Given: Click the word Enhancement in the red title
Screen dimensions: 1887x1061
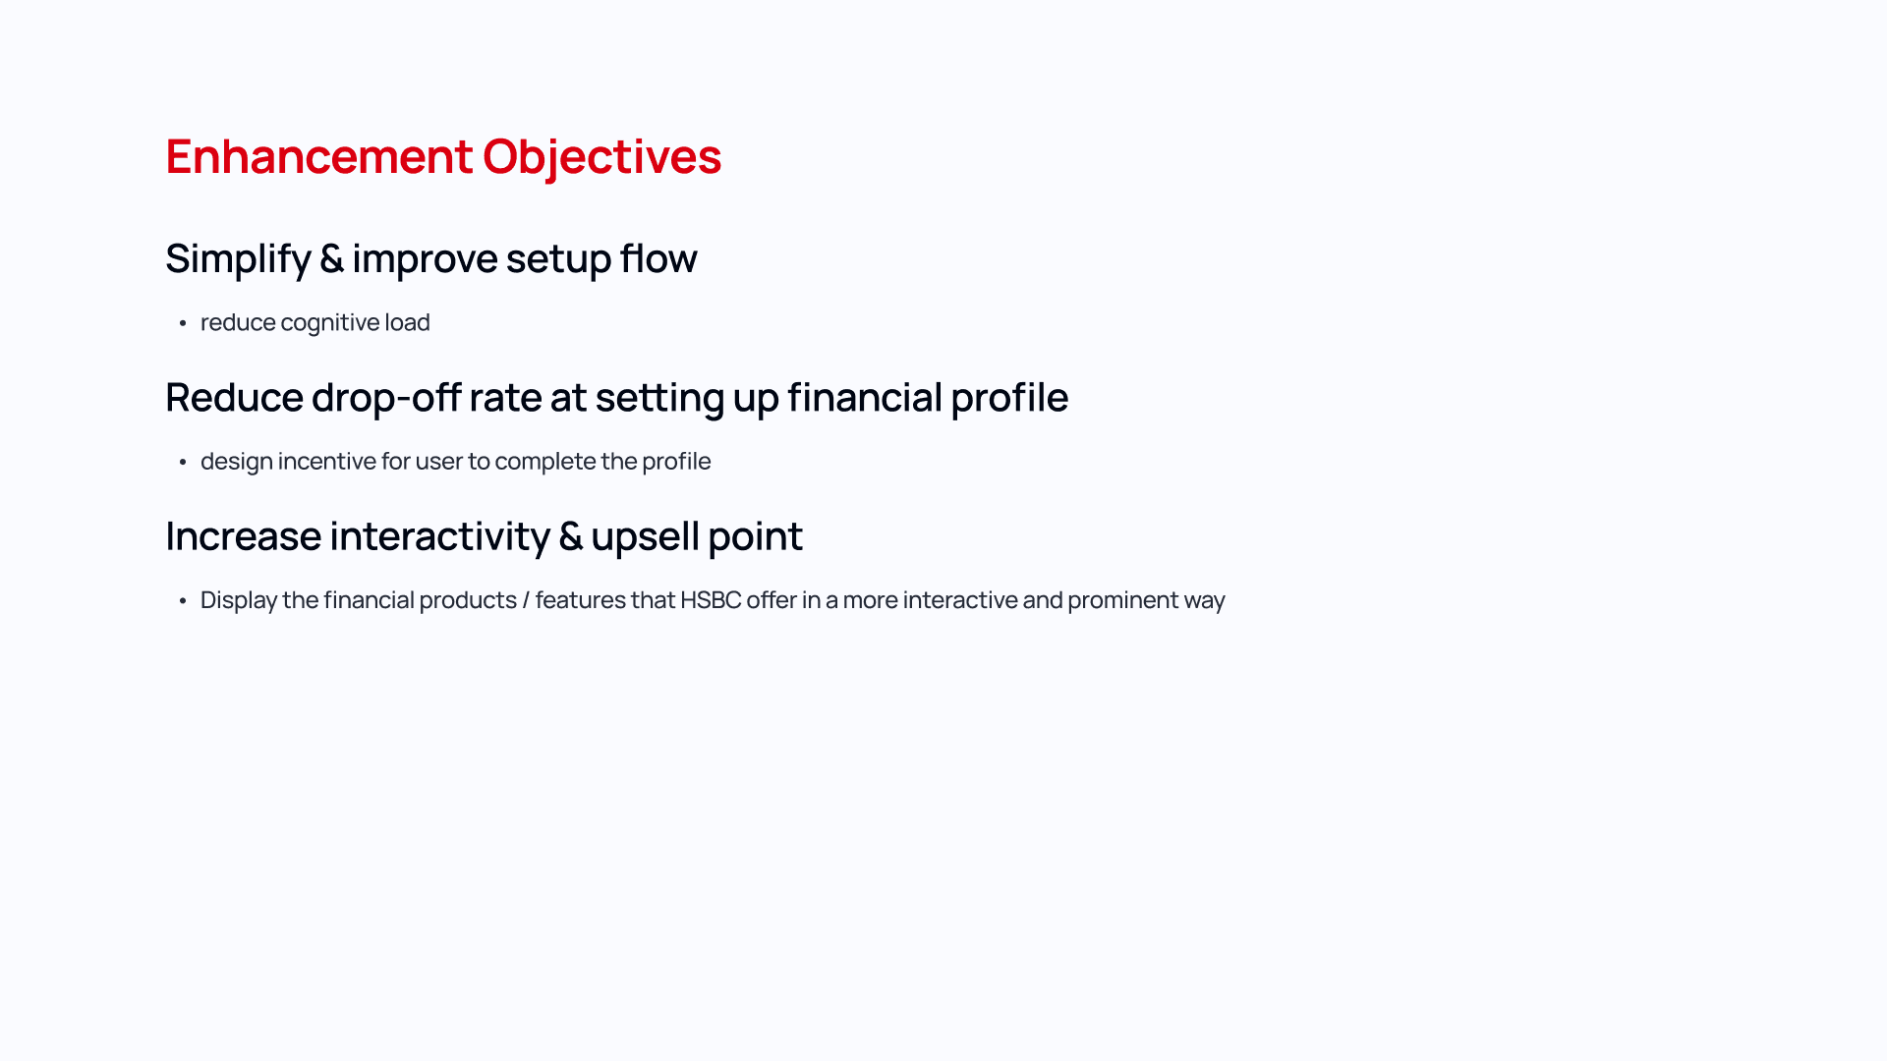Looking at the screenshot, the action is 319,156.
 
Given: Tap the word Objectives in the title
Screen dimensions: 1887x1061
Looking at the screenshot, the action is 602,158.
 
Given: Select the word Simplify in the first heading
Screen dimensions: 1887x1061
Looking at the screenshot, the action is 238,259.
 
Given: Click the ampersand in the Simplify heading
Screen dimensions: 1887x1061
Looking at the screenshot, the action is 331,258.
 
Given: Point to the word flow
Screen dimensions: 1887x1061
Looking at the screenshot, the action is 658,257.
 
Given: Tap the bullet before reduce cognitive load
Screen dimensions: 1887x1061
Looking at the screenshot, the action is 183,323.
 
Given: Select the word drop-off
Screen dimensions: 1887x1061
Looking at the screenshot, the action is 386,398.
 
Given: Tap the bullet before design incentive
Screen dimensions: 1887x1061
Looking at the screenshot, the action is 183,462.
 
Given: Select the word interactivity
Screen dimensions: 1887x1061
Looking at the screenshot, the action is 440,536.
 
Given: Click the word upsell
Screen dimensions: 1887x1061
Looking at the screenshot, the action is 645,537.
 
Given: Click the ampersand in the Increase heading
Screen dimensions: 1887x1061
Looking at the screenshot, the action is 570,536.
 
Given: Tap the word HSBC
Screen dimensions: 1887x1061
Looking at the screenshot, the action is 711,600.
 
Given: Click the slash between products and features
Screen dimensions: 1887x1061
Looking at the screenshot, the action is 526,600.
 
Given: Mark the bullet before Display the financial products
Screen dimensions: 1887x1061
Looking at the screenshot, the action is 183,600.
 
